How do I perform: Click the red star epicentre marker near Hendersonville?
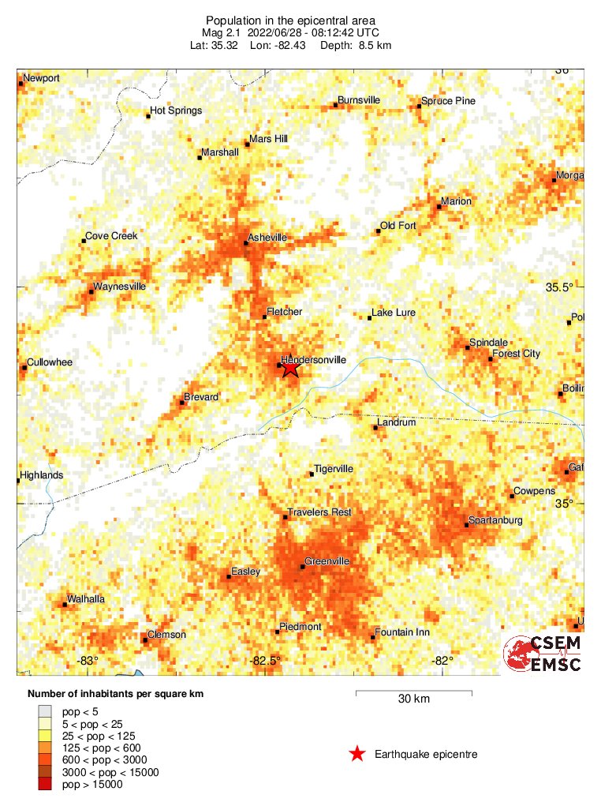(x=290, y=366)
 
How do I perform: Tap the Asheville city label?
(x=267, y=237)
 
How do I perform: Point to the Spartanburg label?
(x=495, y=520)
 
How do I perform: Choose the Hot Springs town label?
(x=176, y=111)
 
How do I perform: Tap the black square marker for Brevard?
(x=182, y=403)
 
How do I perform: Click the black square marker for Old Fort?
(x=378, y=231)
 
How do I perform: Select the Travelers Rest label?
(x=319, y=512)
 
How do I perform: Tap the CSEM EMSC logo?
(x=543, y=654)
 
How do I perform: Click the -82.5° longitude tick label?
(x=266, y=661)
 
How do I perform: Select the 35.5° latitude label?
(x=560, y=287)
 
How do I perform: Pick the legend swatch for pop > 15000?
(x=45, y=784)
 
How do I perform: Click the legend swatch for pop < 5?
(x=45, y=711)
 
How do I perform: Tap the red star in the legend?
(x=357, y=755)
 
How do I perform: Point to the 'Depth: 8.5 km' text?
(x=356, y=45)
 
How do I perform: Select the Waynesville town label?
(x=119, y=287)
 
